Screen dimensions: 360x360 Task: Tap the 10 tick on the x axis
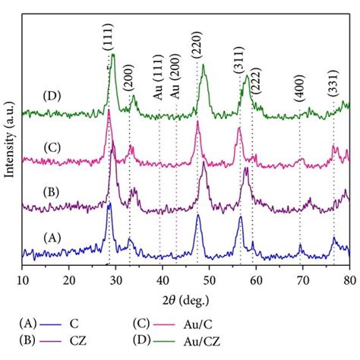click(23, 273)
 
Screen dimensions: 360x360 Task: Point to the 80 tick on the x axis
click(349, 273)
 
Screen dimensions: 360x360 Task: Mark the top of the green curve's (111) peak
click(113, 54)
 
